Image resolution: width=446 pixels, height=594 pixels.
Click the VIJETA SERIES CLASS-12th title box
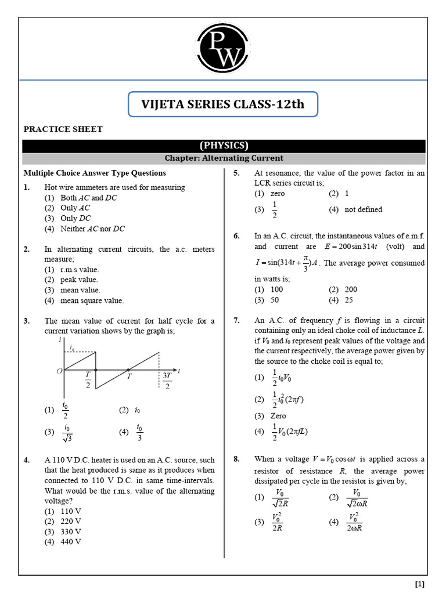click(x=223, y=104)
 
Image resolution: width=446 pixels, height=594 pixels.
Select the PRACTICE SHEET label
click(x=63, y=129)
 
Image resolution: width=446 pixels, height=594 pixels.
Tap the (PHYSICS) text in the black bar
click(x=224, y=146)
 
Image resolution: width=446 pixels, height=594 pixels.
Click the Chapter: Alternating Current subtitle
click(x=224, y=158)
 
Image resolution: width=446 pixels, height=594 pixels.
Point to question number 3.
click(x=27, y=321)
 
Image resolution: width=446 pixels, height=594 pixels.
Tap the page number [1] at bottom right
click(x=420, y=584)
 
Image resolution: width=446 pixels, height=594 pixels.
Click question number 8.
click(x=237, y=459)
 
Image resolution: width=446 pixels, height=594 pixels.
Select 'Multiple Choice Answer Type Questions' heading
click(x=94, y=173)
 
